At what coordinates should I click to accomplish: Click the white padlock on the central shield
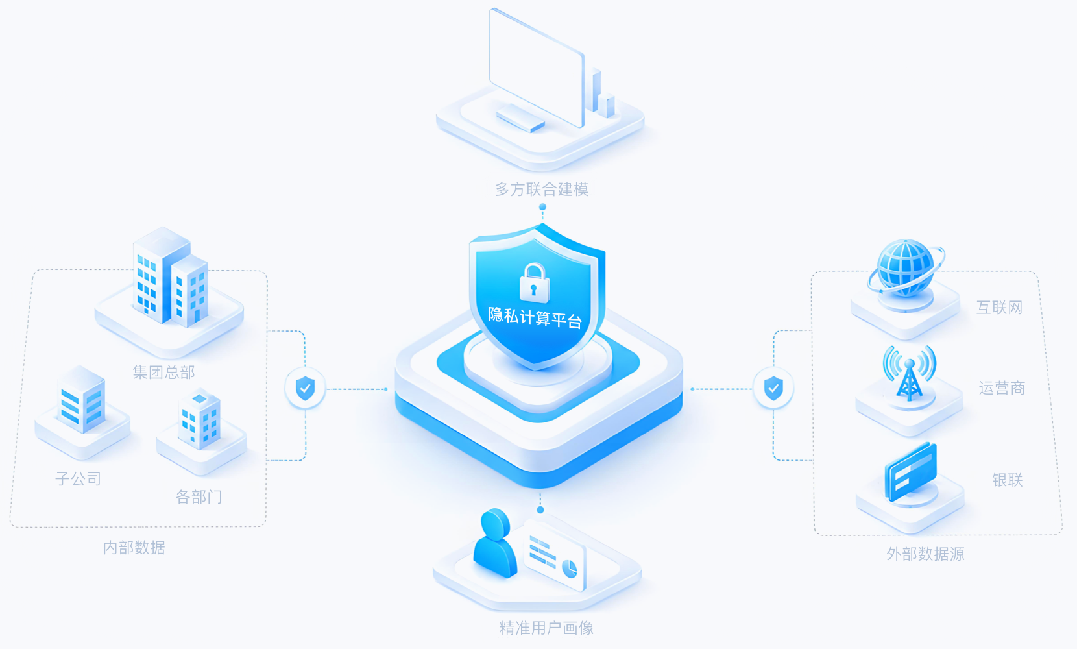(534, 283)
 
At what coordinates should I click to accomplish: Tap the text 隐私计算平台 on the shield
(535, 317)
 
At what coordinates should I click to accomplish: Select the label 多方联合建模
(541, 189)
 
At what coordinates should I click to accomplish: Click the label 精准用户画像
(547, 628)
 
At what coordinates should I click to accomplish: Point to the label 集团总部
(163, 372)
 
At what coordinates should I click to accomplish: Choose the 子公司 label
(79, 478)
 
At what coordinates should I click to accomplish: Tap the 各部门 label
(199, 496)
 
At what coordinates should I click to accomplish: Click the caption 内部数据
(134, 548)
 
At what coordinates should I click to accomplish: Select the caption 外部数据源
(926, 554)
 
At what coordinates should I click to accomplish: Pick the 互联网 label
(1000, 308)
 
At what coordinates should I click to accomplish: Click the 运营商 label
(1002, 387)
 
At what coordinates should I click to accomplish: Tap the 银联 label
(1008, 480)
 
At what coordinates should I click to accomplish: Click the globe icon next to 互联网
(906, 268)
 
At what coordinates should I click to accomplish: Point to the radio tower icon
(909, 373)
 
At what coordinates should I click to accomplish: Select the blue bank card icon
(911, 472)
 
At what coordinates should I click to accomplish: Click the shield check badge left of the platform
(306, 388)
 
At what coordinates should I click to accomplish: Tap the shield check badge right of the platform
(773, 388)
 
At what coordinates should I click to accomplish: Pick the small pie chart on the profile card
(570, 569)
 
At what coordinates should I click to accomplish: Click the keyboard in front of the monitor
(521, 118)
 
